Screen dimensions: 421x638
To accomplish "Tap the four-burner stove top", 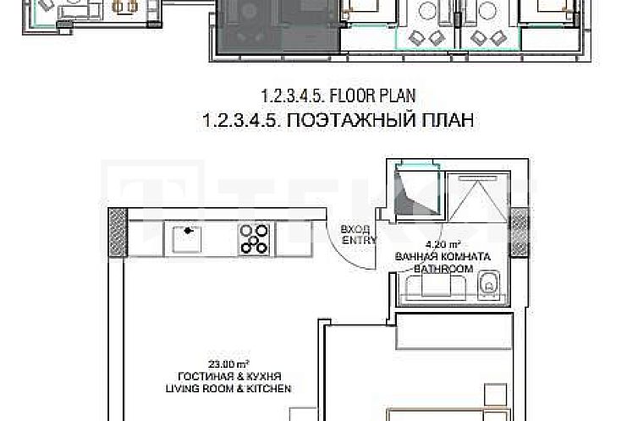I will tap(254, 238).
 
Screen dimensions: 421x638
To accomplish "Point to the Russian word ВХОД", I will tap(354, 229).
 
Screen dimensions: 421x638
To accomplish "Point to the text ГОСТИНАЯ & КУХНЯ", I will tap(229, 376).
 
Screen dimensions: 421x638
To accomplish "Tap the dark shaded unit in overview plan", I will tap(279, 25).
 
